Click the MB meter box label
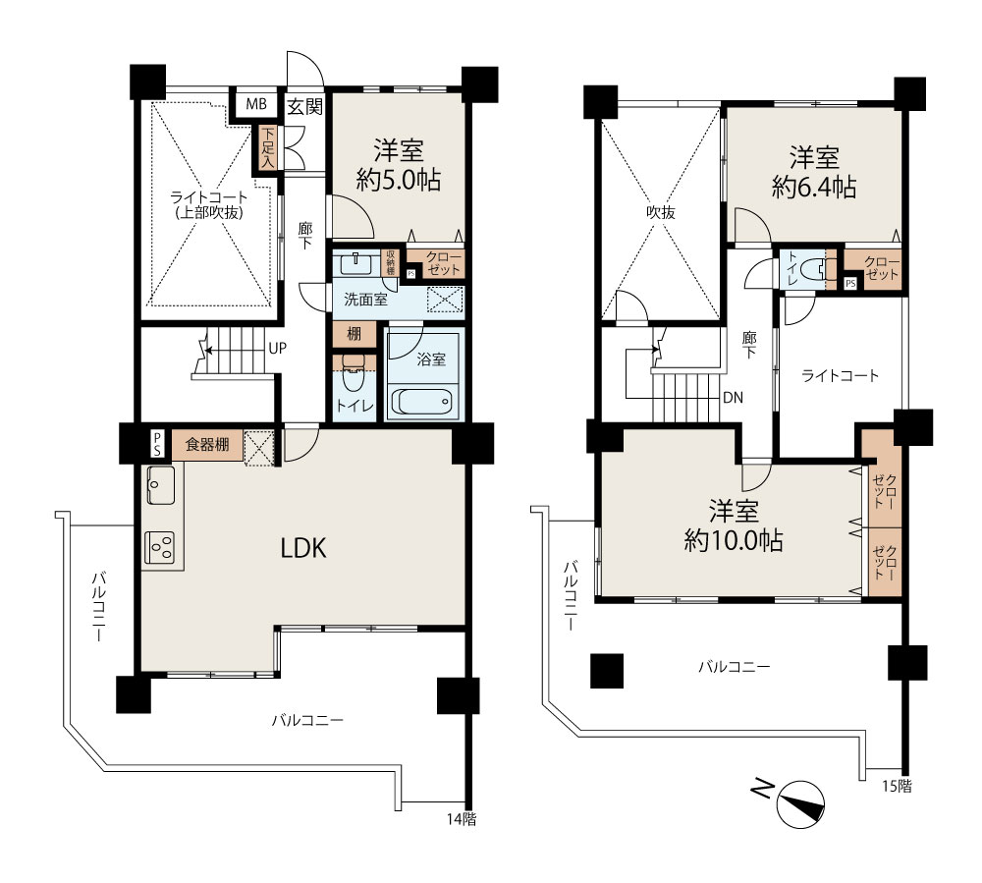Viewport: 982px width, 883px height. (256, 104)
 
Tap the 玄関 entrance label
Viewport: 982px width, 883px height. (305, 107)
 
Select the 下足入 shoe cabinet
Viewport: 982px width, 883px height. (268, 147)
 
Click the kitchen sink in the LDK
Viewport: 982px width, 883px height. (161, 484)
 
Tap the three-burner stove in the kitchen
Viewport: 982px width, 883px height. (160, 547)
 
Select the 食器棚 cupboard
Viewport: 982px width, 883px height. (207, 445)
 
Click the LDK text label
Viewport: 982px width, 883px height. (303, 549)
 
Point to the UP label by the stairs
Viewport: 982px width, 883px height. (278, 348)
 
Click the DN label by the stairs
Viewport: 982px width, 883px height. (733, 398)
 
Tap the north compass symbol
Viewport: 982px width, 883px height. (800, 804)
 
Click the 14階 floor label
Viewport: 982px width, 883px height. (462, 819)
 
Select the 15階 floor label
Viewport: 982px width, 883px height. (897, 786)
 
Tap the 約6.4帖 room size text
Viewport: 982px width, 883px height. (814, 187)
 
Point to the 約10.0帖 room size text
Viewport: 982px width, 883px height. (734, 540)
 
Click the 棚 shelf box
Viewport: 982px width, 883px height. (354, 334)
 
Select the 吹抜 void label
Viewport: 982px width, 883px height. (661, 213)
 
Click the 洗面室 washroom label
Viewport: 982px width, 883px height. (365, 300)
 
